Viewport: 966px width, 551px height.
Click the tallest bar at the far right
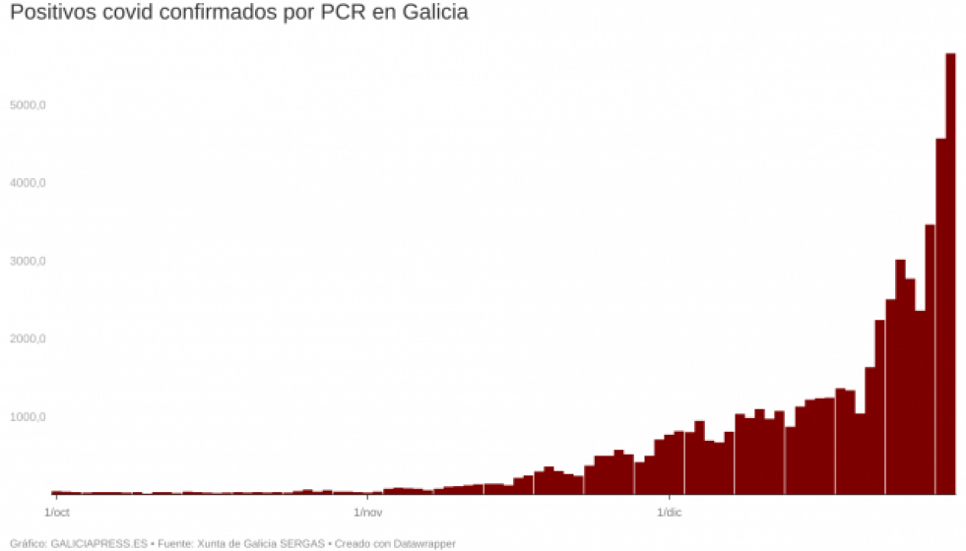(950, 275)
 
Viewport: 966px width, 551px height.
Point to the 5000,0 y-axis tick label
(29, 105)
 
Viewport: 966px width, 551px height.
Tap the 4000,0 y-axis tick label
(29, 183)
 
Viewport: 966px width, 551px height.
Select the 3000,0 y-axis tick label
(29, 262)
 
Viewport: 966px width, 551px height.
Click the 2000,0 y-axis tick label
(29, 339)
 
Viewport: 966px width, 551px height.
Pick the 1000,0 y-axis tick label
(29, 417)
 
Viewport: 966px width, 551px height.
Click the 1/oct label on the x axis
(58, 513)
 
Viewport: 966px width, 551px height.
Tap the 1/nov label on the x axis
(367, 513)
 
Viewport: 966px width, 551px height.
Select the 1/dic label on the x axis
(669, 513)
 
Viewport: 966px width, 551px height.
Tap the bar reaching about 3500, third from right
(930, 364)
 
